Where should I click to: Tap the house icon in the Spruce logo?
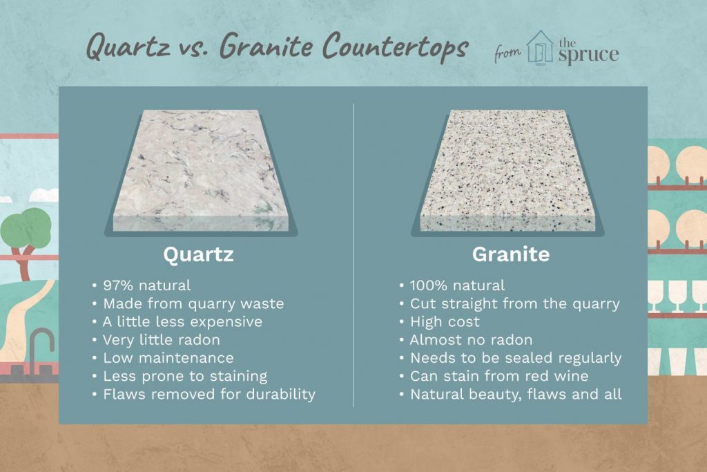pyautogui.click(x=540, y=48)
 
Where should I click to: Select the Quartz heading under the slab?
pyautogui.click(x=198, y=255)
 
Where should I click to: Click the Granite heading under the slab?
pyautogui.click(x=511, y=254)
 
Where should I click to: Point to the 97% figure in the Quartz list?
pyautogui.click(x=118, y=285)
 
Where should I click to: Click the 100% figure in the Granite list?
pyautogui.click(x=429, y=285)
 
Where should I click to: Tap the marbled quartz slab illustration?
pyautogui.click(x=201, y=171)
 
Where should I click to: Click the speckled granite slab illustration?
pyautogui.click(x=507, y=171)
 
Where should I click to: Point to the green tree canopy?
pyautogui.click(x=26, y=228)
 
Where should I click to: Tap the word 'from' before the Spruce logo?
pyautogui.click(x=507, y=53)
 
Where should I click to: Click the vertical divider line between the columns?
pyautogui.click(x=353, y=255)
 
